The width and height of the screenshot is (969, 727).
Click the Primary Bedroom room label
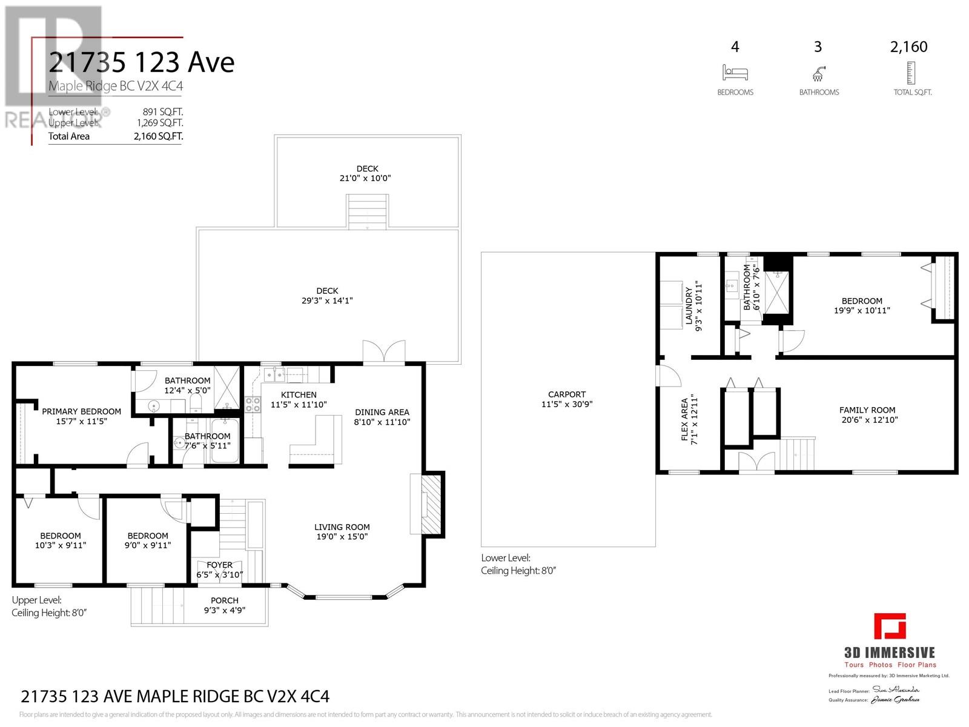pyautogui.click(x=81, y=412)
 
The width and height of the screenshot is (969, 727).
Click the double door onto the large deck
pyautogui.click(x=383, y=353)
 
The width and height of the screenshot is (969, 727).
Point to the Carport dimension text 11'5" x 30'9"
pyautogui.click(x=567, y=404)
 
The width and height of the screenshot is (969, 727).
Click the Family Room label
pyautogui.click(x=867, y=410)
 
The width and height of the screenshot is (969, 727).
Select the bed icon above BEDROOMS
pyautogui.click(x=735, y=73)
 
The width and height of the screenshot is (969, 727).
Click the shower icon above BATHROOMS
pyautogui.click(x=818, y=74)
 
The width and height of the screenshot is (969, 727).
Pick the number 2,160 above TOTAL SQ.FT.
pyautogui.click(x=908, y=47)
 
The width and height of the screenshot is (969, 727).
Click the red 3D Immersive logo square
pyautogui.click(x=890, y=626)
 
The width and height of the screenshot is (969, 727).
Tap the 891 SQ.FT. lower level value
pyautogui.click(x=160, y=111)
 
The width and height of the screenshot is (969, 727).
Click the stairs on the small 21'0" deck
pyautogui.click(x=367, y=211)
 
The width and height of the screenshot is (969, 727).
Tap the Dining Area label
pyautogui.click(x=382, y=413)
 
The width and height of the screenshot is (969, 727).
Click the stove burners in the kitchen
pyautogui.click(x=253, y=404)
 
